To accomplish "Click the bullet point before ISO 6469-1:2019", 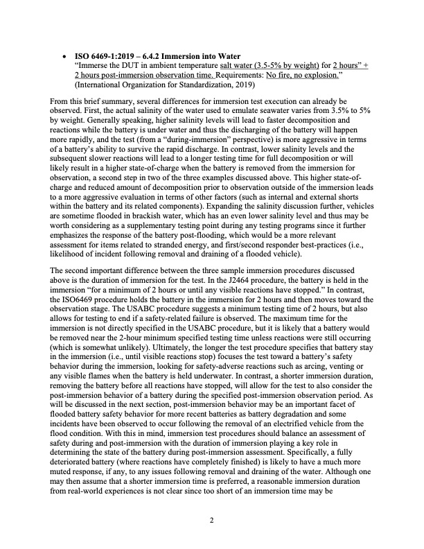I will [x=65, y=53].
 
